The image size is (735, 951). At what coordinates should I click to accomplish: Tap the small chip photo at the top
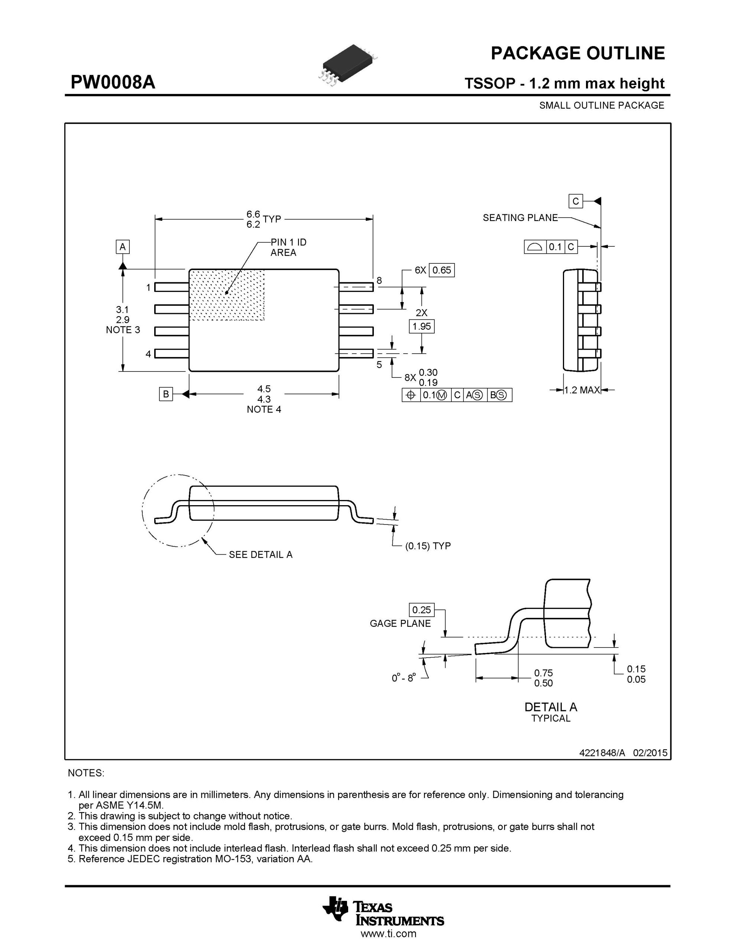(349, 64)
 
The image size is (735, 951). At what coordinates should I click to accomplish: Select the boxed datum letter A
(123, 247)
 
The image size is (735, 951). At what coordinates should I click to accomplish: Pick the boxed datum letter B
(166, 394)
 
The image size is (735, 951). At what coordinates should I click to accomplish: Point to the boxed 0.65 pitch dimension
(442, 270)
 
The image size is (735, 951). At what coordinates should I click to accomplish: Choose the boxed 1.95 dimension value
(422, 326)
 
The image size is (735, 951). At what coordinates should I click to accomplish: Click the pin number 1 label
(149, 288)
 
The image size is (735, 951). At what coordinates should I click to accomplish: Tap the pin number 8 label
(379, 280)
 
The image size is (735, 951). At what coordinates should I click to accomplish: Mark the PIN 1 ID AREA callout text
(288, 247)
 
